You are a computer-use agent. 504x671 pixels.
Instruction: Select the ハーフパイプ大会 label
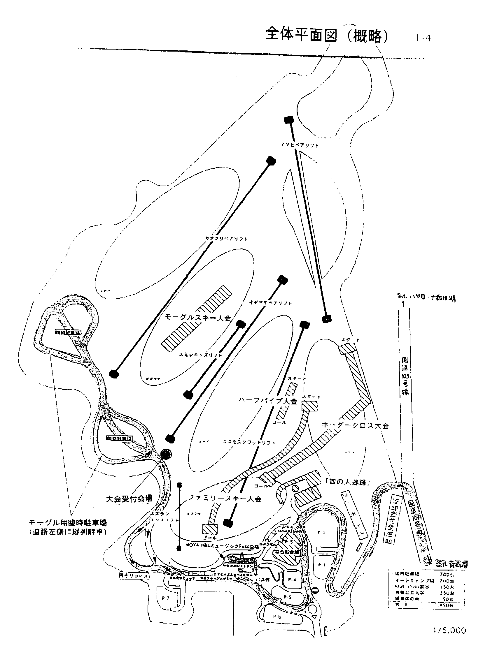point(268,401)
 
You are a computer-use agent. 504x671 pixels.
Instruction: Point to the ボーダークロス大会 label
point(355,425)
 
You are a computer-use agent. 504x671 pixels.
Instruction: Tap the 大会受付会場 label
point(129,499)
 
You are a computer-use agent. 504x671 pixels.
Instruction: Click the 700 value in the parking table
point(446,574)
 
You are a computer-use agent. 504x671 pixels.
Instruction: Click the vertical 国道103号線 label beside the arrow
point(405,376)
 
